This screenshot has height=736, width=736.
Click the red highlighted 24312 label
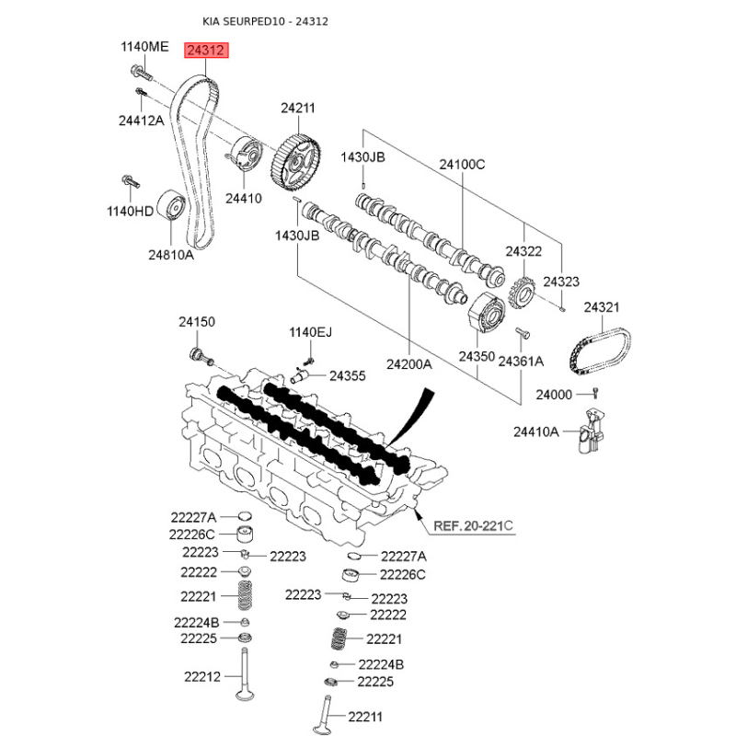(205, 52)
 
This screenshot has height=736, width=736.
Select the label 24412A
(141, 120)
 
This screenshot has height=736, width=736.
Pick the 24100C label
(462, 165)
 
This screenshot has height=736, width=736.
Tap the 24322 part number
(523, 250)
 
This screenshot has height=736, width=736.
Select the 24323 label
(561, 282)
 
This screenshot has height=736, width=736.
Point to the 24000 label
(554, 395)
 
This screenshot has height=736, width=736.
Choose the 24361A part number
(521, 362)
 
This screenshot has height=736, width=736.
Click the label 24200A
(408, 363)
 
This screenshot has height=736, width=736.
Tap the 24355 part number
(348, 375)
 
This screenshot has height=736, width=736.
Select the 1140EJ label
(311, 332)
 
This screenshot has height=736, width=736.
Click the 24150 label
(196, 322)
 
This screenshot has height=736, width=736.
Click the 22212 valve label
(201, 677)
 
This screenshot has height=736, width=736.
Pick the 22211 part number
(365, 717)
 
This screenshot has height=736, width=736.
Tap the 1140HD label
(130, 211)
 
